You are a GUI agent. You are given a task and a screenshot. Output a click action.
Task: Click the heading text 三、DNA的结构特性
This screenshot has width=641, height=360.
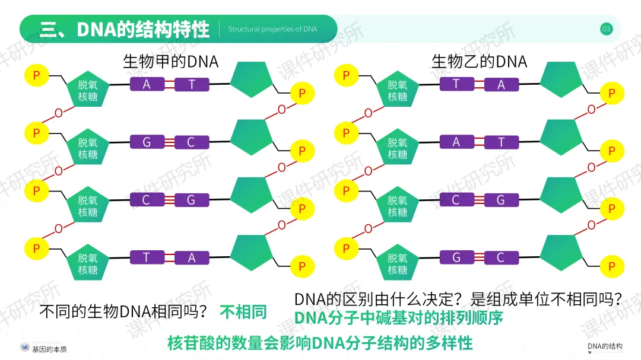(125, 29)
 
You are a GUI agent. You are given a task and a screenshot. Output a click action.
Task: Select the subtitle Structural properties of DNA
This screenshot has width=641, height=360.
(272, 29)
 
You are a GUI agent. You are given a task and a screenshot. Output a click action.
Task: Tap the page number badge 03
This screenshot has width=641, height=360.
(605, 29)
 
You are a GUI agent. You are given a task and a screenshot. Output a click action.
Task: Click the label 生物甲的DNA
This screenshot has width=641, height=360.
(170, 62)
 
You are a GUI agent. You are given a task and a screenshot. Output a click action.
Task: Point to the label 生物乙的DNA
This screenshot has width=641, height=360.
(479, 62)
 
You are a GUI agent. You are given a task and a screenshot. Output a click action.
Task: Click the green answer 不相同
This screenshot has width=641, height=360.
(243, 311)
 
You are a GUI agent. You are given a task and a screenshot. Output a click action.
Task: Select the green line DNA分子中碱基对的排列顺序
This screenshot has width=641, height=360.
(398, 318)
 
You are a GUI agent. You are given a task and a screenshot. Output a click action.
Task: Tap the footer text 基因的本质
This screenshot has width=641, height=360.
(49, 349)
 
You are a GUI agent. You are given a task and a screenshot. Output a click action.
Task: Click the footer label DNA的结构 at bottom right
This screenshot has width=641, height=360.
(605, 346)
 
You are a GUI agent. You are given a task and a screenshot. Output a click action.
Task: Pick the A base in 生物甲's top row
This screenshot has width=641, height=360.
(147, 84)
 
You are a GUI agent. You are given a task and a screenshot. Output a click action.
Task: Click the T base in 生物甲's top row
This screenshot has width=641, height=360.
(192, 84)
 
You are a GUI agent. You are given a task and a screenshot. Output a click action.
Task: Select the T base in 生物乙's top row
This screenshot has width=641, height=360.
(456, 84)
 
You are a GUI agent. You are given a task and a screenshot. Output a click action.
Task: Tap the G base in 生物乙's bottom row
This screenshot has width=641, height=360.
(456, 257)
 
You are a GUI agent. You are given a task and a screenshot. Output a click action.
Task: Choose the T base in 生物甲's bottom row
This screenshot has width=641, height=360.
(147, 257)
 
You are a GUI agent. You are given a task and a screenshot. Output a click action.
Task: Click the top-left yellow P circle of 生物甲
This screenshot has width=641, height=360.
(36, 75)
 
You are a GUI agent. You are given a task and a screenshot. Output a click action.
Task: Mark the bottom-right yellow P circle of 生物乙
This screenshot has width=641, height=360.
(611, 266)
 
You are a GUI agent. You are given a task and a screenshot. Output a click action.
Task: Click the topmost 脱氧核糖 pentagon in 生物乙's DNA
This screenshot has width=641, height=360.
(398, 90)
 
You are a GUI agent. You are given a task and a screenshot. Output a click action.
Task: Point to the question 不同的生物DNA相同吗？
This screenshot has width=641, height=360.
(123, 311)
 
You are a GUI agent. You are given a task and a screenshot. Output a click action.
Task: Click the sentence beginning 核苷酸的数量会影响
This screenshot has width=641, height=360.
(320, 343)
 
